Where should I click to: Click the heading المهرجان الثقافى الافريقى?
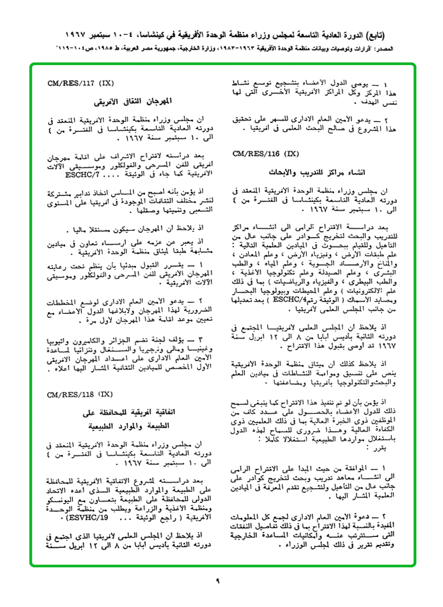pyautogui.click(x=133, y=102)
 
